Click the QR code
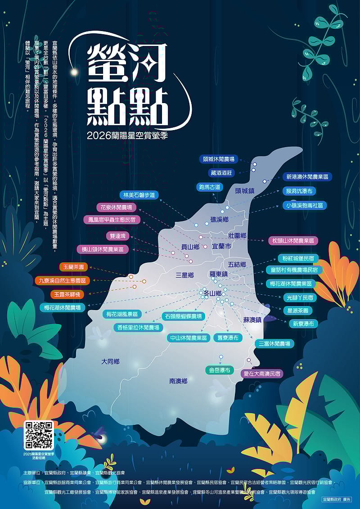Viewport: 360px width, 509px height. tap(39, 436)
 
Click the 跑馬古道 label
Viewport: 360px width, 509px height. tap(210, 187)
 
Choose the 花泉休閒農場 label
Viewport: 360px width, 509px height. tap(117, 207)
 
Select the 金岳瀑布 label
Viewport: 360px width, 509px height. tap(219, 370)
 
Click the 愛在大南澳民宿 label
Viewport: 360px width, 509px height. tap(262, 374)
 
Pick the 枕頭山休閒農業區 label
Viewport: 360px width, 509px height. tap(293, 241)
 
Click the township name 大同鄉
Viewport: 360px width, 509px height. tap(110, 361)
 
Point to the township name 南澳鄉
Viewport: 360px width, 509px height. tap(178, 381)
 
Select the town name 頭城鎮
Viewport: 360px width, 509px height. tap(244, 191)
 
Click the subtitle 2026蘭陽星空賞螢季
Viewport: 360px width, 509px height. tap(130, 134)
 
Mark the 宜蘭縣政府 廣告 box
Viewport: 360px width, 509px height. tap(337, 500)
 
